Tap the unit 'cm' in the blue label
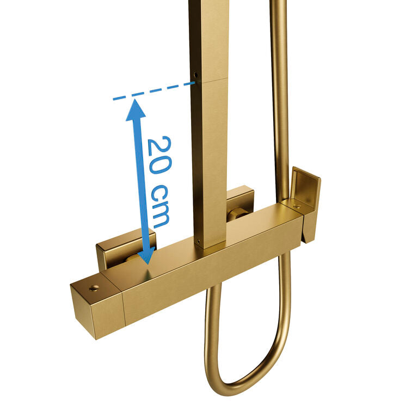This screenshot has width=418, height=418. pyautogui.click(x=160, y=206)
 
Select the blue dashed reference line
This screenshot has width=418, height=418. pyautogui.click(x=154, y=91)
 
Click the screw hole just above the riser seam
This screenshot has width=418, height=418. pyautogui.click(x=196, y=75)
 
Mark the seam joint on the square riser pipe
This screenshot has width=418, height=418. pyautogui.click(x=209, y=81)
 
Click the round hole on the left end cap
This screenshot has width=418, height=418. pyautogui.click(x=94, y=287)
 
